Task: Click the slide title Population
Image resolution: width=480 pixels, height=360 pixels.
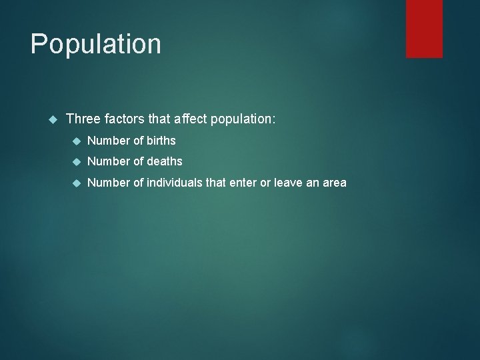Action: coord(95,45)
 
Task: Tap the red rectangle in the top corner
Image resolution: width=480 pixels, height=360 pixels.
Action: coord(424,28)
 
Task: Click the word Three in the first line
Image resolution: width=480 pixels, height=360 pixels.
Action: coord(83,119)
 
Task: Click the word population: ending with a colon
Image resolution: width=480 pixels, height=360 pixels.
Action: coord(242,120)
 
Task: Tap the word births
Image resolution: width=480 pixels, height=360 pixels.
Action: coord(160,140)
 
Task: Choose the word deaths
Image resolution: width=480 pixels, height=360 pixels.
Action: coord(163,161)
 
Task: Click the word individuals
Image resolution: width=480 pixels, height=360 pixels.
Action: coord(175,182)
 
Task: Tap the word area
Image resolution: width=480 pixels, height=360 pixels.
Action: coord(334,183)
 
